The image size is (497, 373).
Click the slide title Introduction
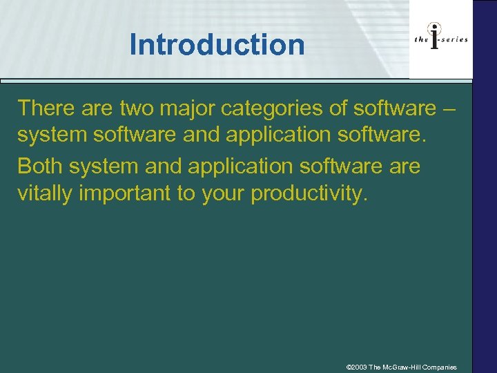(x=217, y=46)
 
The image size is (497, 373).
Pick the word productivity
(x=310, y=195)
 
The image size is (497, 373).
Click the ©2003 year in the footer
(x=356, y=367)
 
